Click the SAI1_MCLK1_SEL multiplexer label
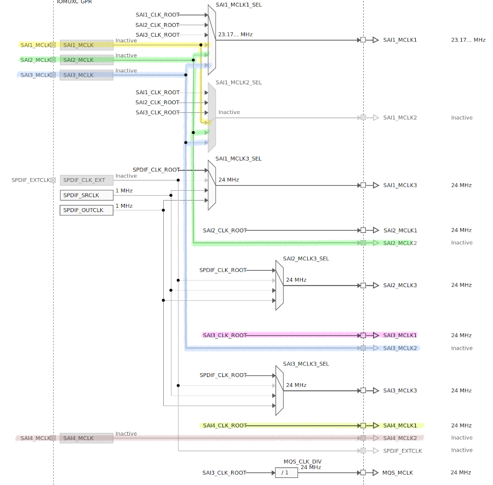[x=238, y=5]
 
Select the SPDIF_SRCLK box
[x=86, y=195]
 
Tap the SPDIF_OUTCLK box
[x=86, y=210]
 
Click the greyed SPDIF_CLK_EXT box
[x=86, y=180]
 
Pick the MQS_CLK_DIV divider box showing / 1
[x=286, y=472]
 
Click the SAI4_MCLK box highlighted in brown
[x=86, y=438]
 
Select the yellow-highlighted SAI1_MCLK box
[x=86, y=45]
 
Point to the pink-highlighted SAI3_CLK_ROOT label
[x=225, y=335]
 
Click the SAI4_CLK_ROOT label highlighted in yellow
[x=225, y=425]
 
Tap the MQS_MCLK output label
[x=398, y=472]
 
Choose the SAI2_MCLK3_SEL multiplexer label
[x=306, y=259]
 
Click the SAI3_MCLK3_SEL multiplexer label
[x=306, y=364]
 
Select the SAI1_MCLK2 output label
[x=400, y=118]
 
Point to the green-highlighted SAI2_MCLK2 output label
[x=400, y=243]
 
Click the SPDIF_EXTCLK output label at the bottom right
[x=403, y=450]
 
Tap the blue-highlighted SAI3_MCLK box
[x=86, y=75]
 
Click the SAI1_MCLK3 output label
[x=400, y=185]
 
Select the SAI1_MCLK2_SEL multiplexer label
[x=239, y=83]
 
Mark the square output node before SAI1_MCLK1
[x=363, y=40]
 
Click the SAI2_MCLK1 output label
[x=400, y=230]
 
